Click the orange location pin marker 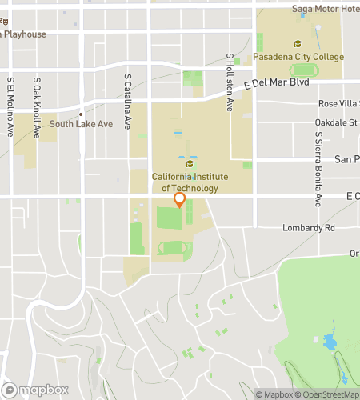click(180, 200)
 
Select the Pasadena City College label click(298, 57)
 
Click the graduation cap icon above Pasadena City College click(298, 44)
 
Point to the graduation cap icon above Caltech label click(190, 164)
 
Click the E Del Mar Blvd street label click(277, 82)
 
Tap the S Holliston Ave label click(230, 82)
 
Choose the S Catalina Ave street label click(128, 101)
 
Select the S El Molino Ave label click(10, 106)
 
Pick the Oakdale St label click(337, 123)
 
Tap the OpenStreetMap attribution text click(327, 394)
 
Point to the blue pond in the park click(330, 343)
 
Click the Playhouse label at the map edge click(23, 34)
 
